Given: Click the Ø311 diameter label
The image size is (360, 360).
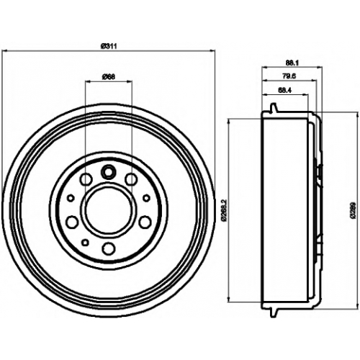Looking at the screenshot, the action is (109, 46).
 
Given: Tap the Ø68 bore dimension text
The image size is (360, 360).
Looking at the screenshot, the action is (109, 77).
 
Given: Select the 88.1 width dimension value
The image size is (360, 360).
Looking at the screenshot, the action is (292, 63).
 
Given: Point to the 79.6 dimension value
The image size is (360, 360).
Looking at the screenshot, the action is (289, 76).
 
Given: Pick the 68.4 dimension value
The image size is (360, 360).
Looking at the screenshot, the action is (285, 91).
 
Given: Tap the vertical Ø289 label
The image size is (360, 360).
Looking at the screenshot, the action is (353, 211).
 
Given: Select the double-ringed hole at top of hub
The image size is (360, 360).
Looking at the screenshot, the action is (109, 172).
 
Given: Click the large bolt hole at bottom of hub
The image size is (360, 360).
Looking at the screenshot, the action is (109, 248).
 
